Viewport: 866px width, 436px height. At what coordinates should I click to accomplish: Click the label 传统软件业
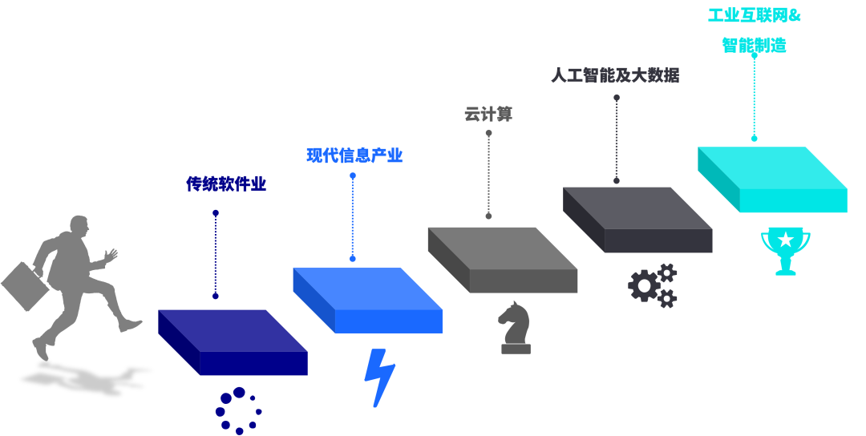[226, 184]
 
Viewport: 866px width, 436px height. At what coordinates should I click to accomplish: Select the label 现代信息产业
[354, 155]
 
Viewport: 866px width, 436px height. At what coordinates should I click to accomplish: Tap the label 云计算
[488, 115]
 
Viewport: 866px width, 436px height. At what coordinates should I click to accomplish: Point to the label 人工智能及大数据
[615, 75]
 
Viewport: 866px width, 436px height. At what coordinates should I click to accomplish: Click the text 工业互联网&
[754, 15]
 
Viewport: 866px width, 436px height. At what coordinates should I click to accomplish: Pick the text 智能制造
[754, 45]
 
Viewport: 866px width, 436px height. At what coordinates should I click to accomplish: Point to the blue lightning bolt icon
[378, 377]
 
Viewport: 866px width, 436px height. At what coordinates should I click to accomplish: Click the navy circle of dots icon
[238, 410]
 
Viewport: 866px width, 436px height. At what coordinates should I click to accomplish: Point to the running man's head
[79, 225]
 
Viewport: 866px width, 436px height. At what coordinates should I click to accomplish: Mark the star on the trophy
[786, 240]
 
